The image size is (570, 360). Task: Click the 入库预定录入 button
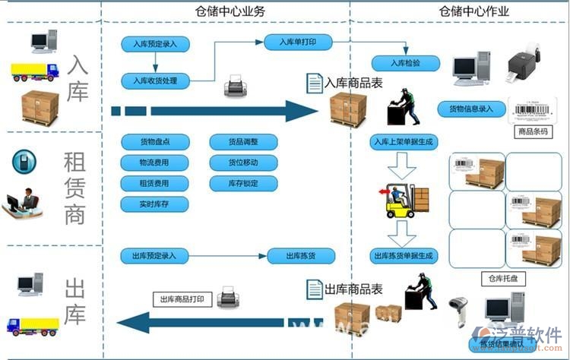[154, 45]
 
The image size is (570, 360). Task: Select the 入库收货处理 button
[154, 81]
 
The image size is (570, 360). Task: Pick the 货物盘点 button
[154, 142]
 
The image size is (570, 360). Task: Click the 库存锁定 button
[243, 183]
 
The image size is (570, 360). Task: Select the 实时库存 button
[154, 204]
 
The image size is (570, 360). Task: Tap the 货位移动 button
[243, 163]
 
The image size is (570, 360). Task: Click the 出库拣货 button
[301, 256]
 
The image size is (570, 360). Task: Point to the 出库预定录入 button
[154, 256]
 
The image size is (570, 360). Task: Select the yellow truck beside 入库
[34, 72]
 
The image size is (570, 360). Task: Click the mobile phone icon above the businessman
[24, 162]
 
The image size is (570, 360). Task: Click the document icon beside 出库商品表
[314, 289]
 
